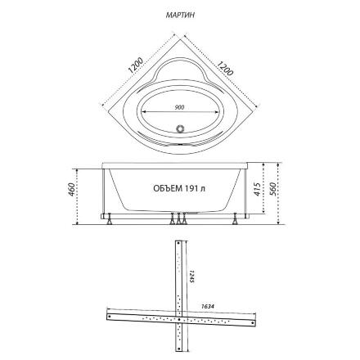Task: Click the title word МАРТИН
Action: click(x=180, y=15)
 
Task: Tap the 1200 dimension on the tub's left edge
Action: click(x=136, y=65)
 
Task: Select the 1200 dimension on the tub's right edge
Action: click(x=225, y=67)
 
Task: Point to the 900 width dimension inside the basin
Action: click(x=180, y=107)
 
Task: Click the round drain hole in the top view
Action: click(x=180, y=128)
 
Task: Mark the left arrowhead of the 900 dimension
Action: click(x=144, y=111)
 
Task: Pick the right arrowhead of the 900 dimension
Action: click(x=216, y=111)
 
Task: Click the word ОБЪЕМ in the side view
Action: click(x=168, y=188)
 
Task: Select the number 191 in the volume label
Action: click(x=191, y=188)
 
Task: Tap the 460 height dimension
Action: click(x=71, y=189)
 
